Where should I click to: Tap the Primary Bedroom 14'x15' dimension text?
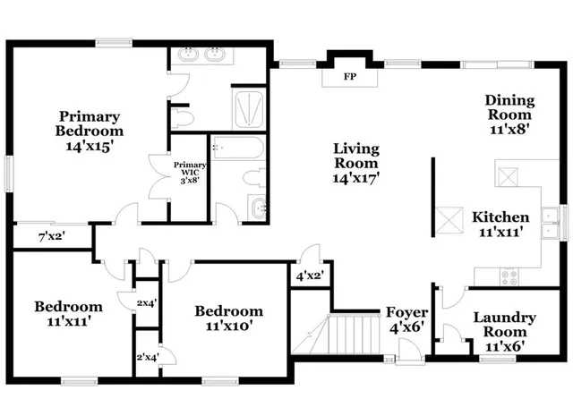point(90,146)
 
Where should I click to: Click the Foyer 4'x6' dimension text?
point(406,327)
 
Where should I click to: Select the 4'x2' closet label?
point(309,276)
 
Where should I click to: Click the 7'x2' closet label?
point(50,236)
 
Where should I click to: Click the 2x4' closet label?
point(147,302)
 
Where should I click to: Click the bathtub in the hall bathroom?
point(236,148)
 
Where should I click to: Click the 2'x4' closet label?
point(147,358)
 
